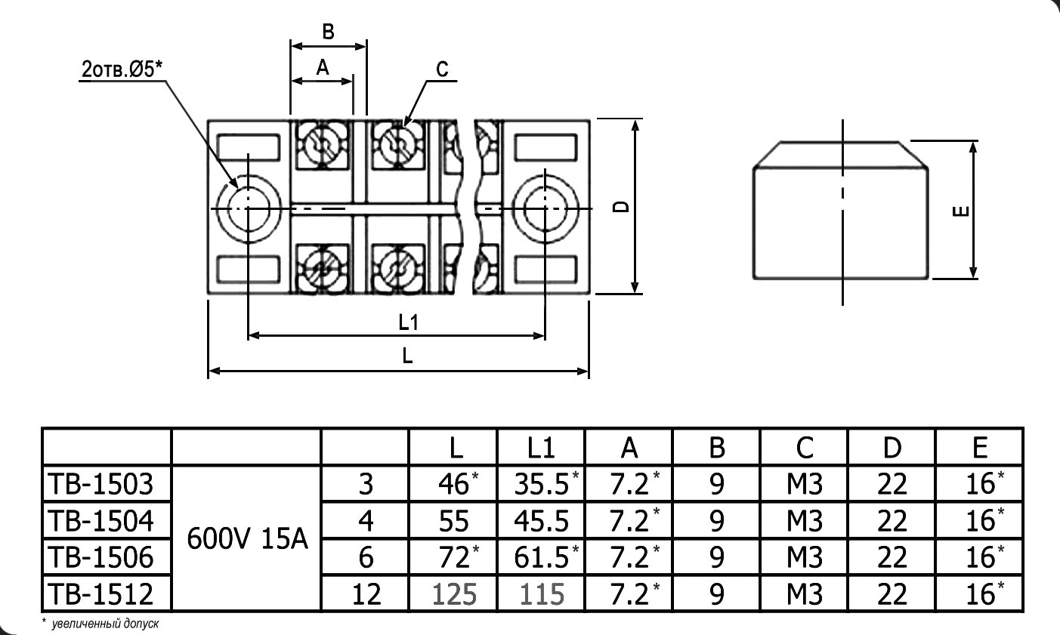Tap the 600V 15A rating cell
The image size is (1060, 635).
click(x=247, y=538)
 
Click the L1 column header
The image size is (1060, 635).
click(x=540, y=448)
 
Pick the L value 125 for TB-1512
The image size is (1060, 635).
click(x=454, y=594)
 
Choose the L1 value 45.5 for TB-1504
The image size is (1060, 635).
click(x=540, y=520)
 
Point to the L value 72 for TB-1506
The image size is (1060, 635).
click(x=454, y=557)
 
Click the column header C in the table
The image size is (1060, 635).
click(x=804, y=448)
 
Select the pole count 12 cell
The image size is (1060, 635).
click(x=366, y=594)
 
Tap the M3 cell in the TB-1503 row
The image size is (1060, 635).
click(x=804, y=483)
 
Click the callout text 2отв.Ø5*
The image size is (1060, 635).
click(x=122, y=70)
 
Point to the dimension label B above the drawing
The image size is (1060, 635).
click(x=328, y=32)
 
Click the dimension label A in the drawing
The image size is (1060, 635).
click(x=323, y=68)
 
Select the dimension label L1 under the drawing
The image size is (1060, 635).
click(x=408, y=323)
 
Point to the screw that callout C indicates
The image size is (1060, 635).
click(x=397, y=142)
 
